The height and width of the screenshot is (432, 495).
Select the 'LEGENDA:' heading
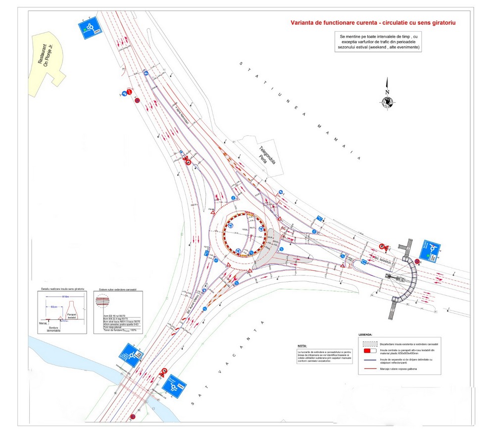tap(366, 335)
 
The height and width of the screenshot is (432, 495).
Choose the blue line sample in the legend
tap(369, 361)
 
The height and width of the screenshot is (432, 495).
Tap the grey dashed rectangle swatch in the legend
tap(369, 343)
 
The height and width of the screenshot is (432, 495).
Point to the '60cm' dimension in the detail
tap(54, 307)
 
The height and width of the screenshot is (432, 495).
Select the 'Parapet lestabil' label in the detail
tap(75, 316)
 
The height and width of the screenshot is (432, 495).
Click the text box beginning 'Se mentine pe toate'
tap(379, 42)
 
